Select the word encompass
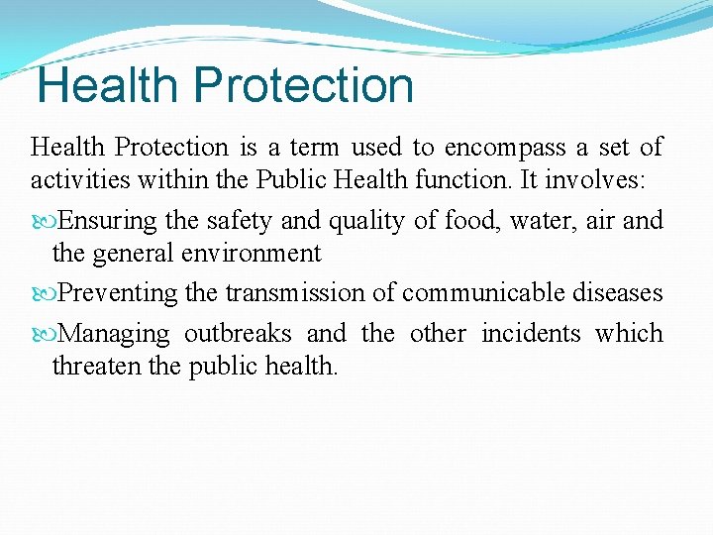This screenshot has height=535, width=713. tap(505, 148)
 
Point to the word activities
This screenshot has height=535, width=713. tap(74, 180)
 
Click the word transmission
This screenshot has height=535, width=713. tap(309, 293)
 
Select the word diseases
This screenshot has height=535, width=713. tap(623, 293)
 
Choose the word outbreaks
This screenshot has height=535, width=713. tap(238, 333)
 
